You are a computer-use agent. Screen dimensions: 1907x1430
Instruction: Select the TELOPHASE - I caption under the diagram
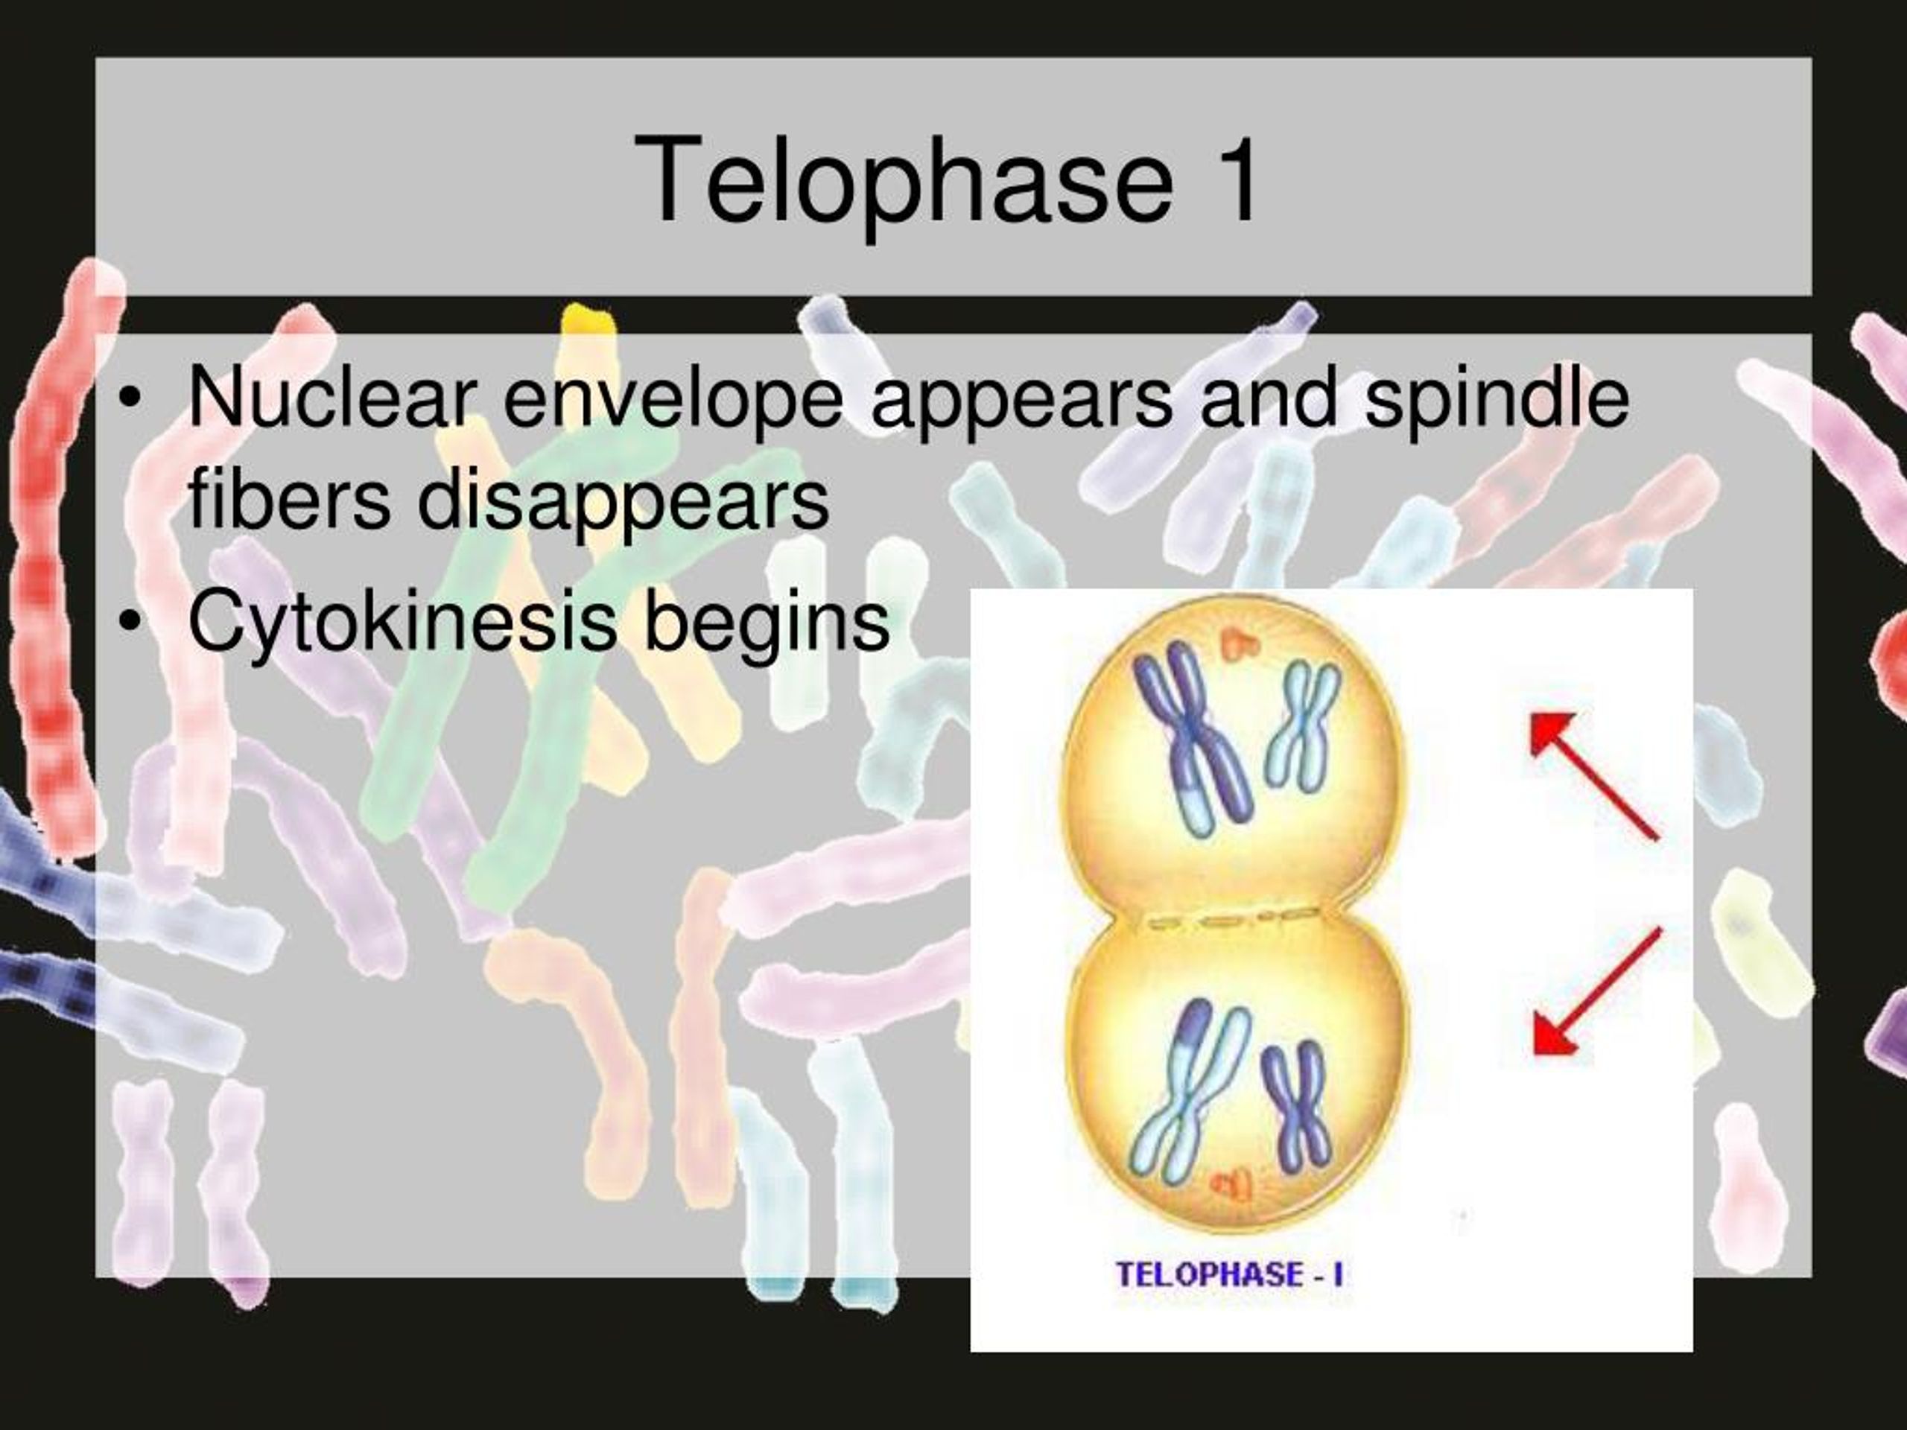tap(1229, 1274)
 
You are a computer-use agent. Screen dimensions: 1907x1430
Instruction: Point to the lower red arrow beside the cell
tap(1596, 992)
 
